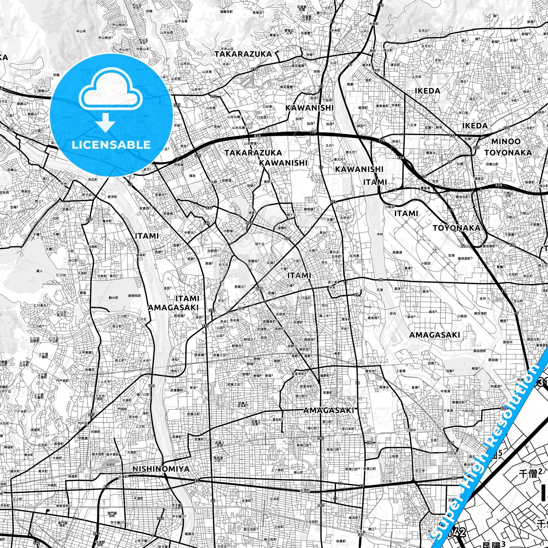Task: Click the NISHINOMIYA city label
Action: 161,469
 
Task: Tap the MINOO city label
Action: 506,141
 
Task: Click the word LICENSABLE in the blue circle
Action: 111,144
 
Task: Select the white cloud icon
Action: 111,91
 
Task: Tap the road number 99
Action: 380,279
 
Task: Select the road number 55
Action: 356,295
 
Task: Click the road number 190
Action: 370,443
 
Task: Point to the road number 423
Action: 477,148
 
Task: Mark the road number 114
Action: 152,386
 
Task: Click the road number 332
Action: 214,96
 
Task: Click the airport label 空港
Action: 451,256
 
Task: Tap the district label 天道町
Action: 137,498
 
